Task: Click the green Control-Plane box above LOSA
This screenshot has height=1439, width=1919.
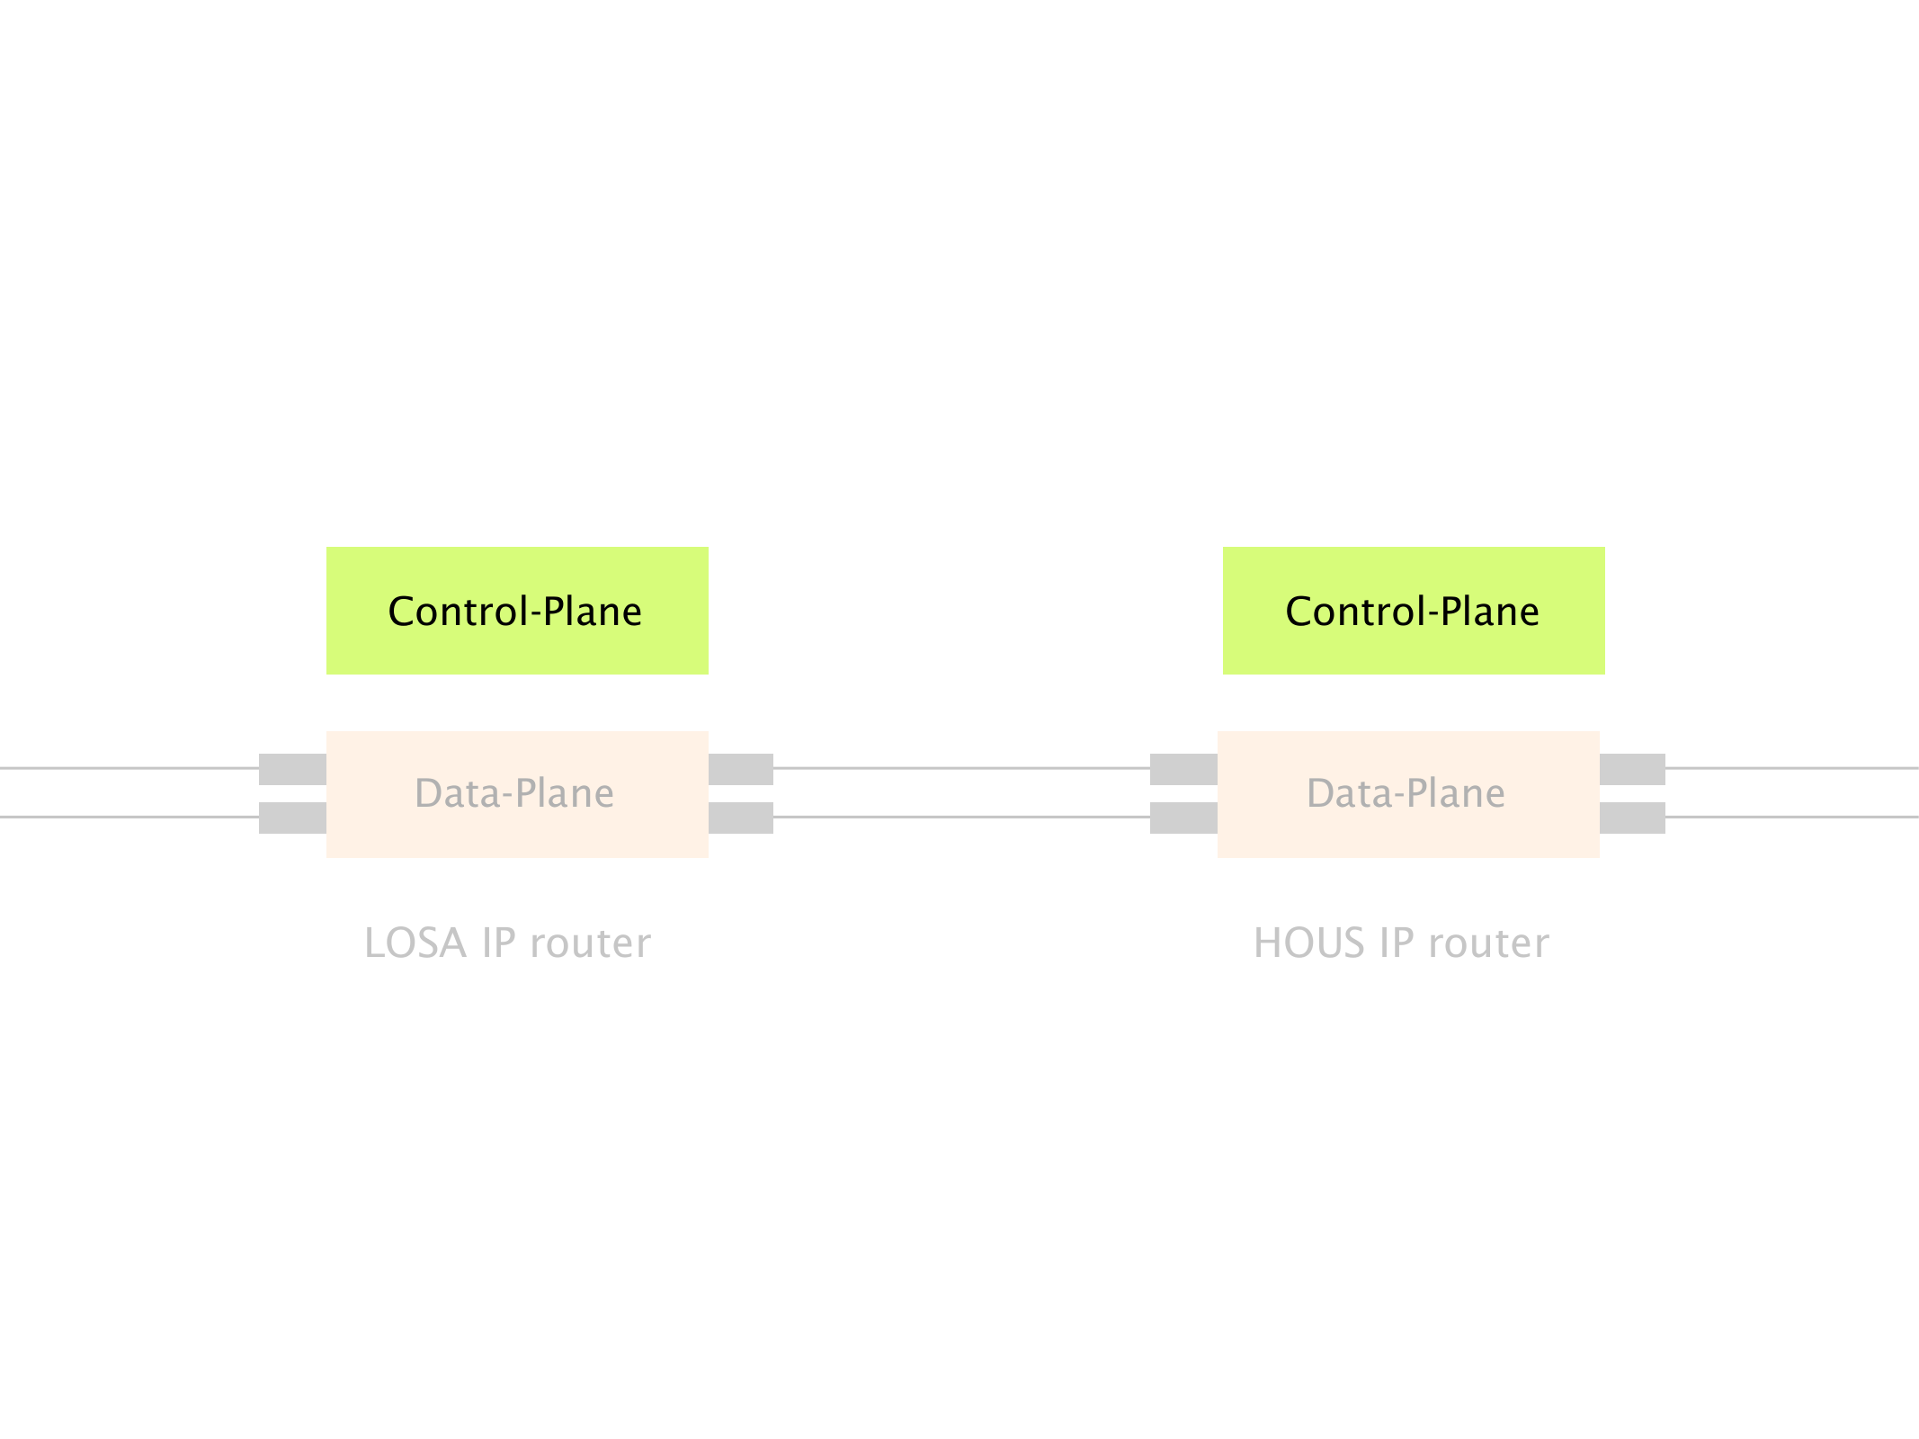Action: pyautogui.click(x=517, y=611)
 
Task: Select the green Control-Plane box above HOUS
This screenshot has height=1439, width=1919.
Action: pyautogui.click(x=1414, y=611)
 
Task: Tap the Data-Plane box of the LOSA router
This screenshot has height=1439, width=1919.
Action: pyautogui.click(x=517, y=794)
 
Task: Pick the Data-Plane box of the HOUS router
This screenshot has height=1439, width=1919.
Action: pyautogui.click(x=1408, y=794)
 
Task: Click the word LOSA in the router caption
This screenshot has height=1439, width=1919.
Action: pyautogui.click(x=415, y=943)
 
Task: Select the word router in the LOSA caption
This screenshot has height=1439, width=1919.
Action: pyautogui.click(x=590, y=943)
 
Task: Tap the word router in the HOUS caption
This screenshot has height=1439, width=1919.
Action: pyautogui.click(x=1488, y=943)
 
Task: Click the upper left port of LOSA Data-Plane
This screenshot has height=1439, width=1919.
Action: pyautogui.click(x=292, y=769)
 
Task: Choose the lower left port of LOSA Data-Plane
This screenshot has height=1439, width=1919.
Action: pyautogui.click(x=292, y=818)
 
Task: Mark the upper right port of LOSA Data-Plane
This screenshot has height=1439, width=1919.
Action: pyautogui.click(x=741, y=769)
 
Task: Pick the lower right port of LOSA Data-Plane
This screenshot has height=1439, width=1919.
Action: pyautogui.click(x=741, y=818)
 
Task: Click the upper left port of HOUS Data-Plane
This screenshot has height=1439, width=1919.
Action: pyautogui.click(x=1183, y=769)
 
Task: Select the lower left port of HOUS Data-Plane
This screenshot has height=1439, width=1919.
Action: pyautogui.click(x=1183, y=818)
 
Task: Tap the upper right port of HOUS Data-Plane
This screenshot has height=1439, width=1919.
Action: pyautogui.click(x=1632, y=769)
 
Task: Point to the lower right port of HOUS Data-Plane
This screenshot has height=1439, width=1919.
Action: pyautogui.click(x=1632, y=818)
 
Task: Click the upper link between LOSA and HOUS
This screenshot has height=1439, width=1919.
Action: pyautogui.click(x=961, y=768)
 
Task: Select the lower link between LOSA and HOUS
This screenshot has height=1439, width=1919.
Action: pyautogui.click(x=961, y=817)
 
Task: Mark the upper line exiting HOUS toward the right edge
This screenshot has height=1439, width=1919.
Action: pyautogui.click(x=1792, y=768)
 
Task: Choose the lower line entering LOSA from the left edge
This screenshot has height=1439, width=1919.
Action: pyautogui.click(x=129, y=817)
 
